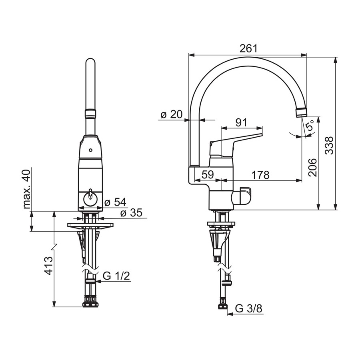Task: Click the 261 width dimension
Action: click(x=249, y=48)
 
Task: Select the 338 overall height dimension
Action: click(x=329, y=145)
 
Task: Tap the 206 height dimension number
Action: click(x=312, y=167)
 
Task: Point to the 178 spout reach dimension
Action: click(x=260, y=175)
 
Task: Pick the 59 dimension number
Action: click(x=208, y=175)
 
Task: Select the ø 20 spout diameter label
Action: click(x=171, y=114)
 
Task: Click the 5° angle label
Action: click(x=311, y=126)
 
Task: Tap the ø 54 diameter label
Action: click(x=115, y=202)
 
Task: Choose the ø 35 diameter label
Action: click(x=131, y=213)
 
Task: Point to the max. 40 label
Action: click(x=27, y=189)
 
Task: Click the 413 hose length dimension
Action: click(x=48, y=266)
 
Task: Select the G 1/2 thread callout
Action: click(x=116, y=276)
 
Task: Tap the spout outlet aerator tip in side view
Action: click(x=302, y=112)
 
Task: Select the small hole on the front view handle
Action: click(x=91, y=151)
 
